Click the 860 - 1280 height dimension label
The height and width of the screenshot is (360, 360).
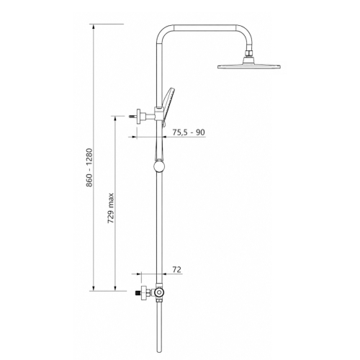point(89,168)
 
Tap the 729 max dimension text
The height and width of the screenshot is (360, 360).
point(111,208)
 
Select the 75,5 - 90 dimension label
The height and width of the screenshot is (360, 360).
point(189,132)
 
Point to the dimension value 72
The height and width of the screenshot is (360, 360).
point(176,269)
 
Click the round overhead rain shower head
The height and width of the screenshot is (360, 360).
point(249,66)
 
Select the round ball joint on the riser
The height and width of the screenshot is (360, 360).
point(158,167)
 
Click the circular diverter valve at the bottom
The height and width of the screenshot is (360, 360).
point(158,292)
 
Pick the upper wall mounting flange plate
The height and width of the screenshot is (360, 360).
point(138,117)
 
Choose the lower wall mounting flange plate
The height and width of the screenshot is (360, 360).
point(144,293)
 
